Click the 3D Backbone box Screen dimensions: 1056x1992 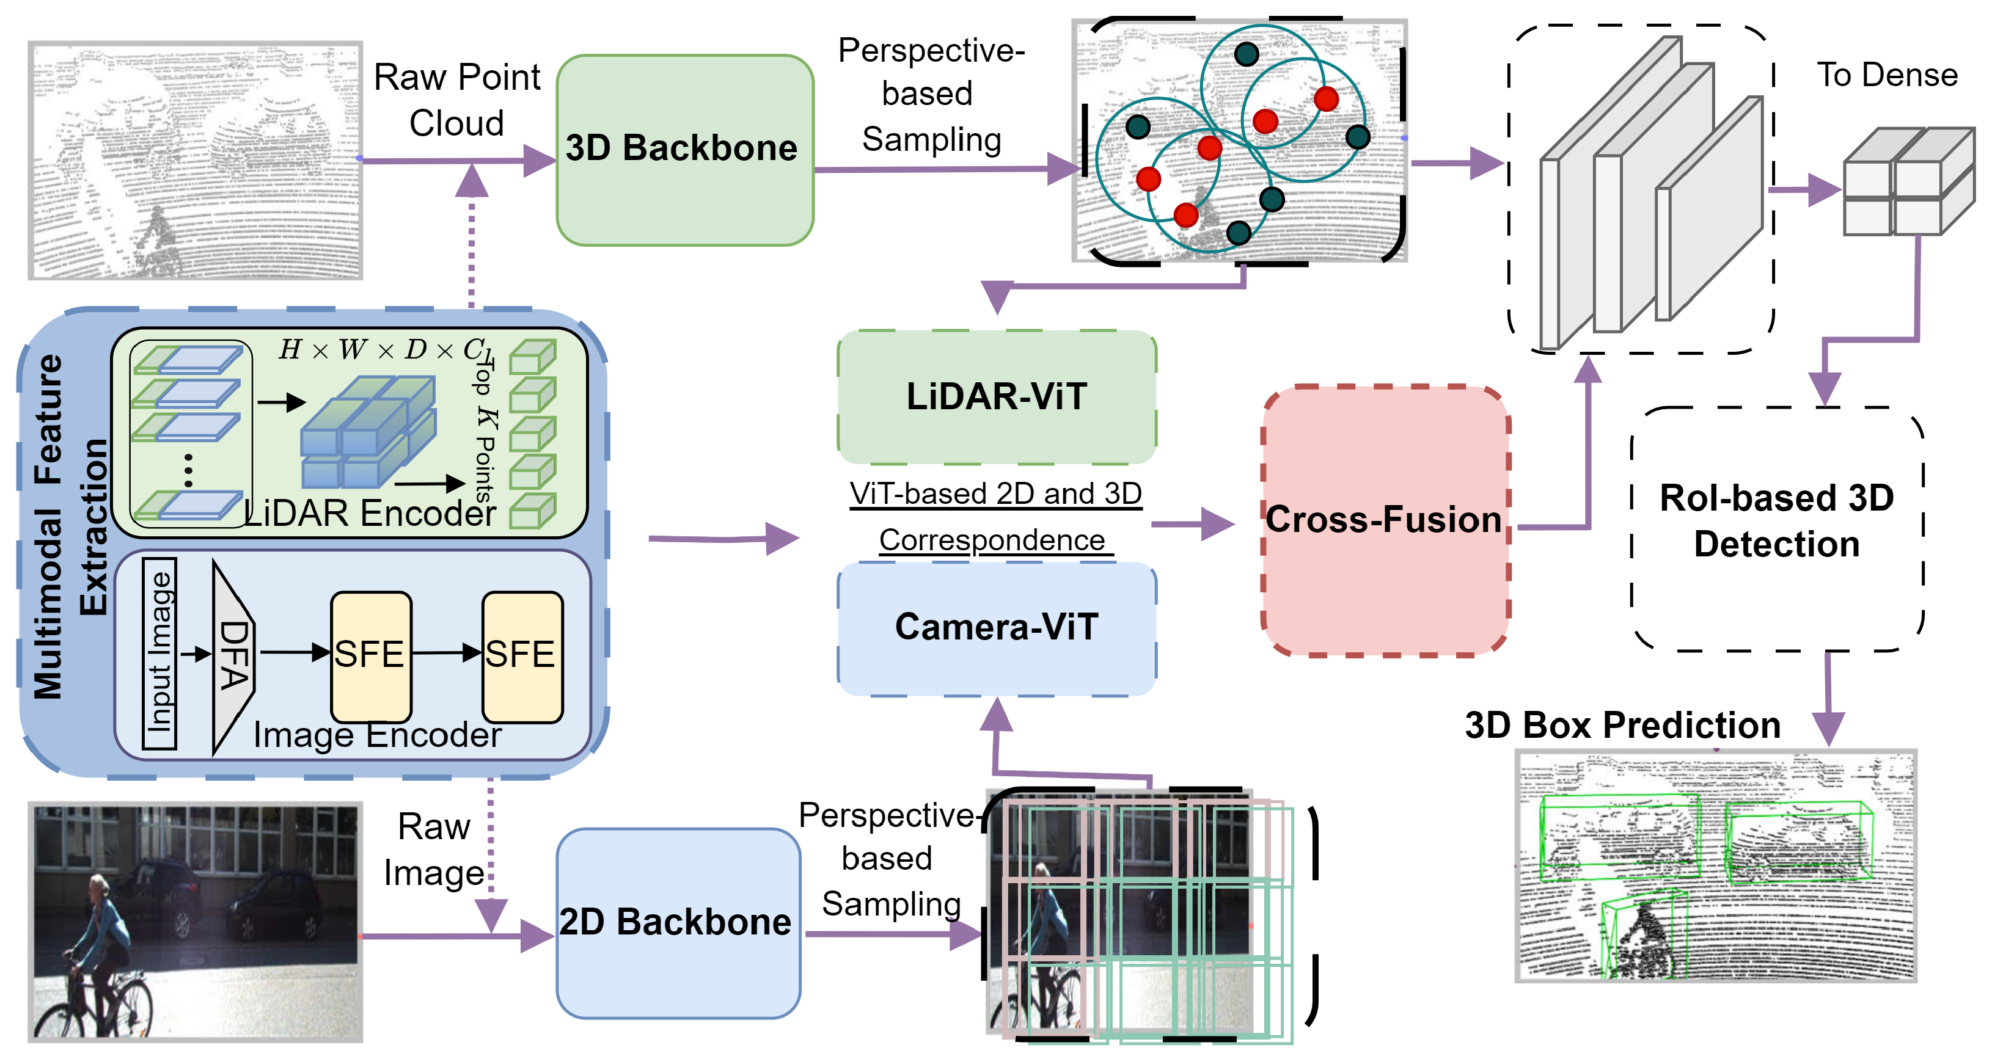tap(684, 150)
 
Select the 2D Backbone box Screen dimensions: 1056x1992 tap(678, 923)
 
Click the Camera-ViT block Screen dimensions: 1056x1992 tap(996, 627)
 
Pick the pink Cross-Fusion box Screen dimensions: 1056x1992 tap(1384, 520)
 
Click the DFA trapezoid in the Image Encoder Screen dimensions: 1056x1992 tap(232, 655)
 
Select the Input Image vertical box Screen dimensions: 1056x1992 tap(160, 654)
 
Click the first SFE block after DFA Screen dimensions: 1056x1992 tap(370, 655)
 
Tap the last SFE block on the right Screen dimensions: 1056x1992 tap(522, 655)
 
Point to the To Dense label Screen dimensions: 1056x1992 tap(1886, 75)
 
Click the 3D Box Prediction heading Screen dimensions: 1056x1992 tap(1622, 725)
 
